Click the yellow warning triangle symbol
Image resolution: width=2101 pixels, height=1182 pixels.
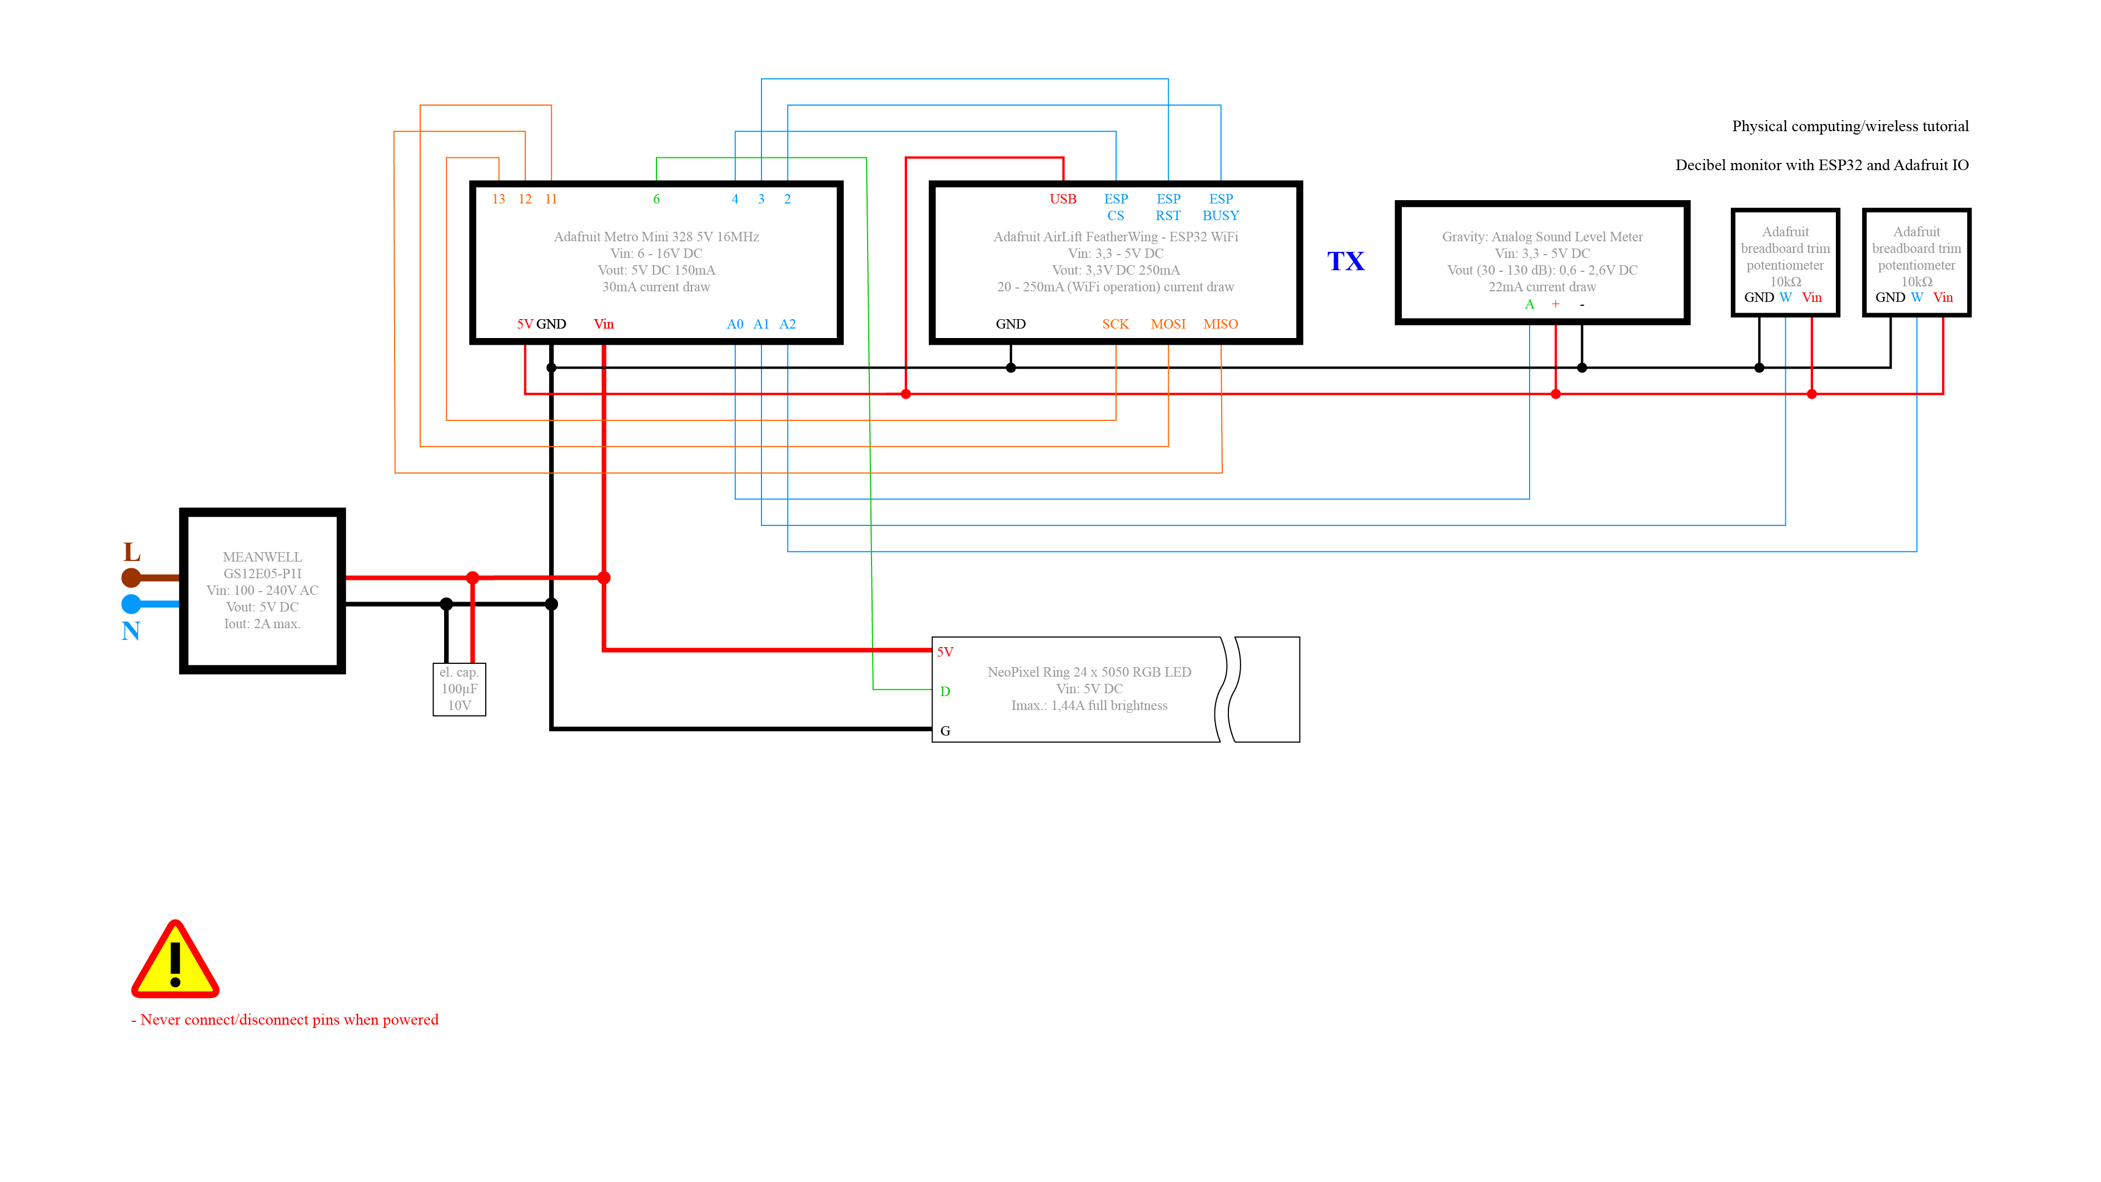click(x=175, y=961)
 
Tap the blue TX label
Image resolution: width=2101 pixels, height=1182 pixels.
click(x=1345, y=261)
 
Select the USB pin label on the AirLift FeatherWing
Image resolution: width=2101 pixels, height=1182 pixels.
click(x=1063, y=199)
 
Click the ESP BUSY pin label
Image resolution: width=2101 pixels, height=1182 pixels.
click(x=1220, y=207)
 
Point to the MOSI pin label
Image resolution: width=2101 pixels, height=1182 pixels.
click(x=1168, y=324)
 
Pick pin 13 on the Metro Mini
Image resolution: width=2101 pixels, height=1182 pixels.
click(x=499, y=199)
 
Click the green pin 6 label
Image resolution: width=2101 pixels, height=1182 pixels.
click(x=656, y=199)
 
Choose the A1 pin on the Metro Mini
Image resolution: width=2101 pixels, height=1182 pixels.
click(x=761, y=324)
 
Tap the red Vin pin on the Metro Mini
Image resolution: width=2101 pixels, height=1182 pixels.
click(x=604, y=324)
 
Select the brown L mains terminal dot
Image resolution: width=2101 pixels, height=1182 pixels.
click(x=131, y=578)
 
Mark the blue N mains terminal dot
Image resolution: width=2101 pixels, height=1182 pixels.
click(x=131, y=604)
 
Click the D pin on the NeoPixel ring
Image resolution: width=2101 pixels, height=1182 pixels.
click(x=945, y=691)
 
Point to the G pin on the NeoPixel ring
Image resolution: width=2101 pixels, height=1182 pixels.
click(x=945, y=731)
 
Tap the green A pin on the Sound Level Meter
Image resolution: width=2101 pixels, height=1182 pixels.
click(x=1529, y=304)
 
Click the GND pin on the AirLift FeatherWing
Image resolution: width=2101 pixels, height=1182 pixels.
click(x=1010, y=324)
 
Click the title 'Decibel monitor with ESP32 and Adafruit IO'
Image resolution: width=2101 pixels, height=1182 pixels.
click(x=1821, y=165)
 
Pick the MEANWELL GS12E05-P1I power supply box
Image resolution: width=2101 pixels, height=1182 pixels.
click(x=262, y=590)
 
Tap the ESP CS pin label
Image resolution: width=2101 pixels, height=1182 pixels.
click(x=1116, y=207)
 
